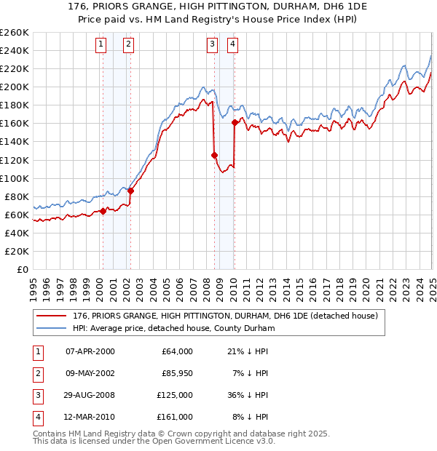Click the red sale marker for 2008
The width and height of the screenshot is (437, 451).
pyautogui.click(x=214, y=155)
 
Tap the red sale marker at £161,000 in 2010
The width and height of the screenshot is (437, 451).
pyautogui.click(x=235, y=122)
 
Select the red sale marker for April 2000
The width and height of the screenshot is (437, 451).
pyautogui.click(x=103, y=211)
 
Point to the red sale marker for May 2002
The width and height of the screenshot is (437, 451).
pyautogui.click(x=131, y=191)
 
